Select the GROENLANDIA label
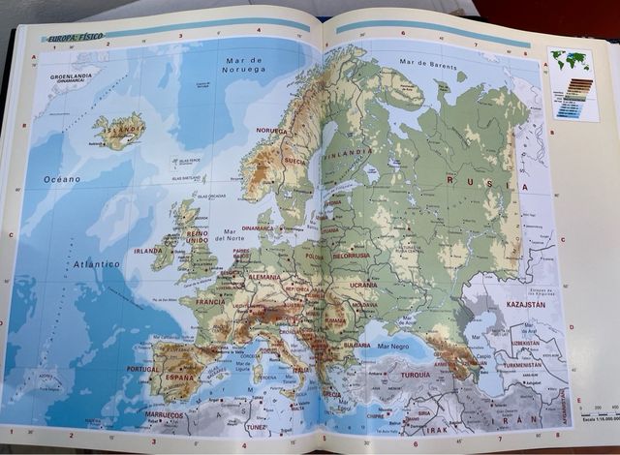point(70,77)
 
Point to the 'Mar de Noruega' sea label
point(243,65)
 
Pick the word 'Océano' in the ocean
point(61,179)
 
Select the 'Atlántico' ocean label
point(96,263)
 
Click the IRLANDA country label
point(148,251)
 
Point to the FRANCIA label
point(210,301)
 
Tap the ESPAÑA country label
point(180,377)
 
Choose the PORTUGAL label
point(142,369)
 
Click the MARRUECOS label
point(165,414)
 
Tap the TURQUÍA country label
point(415,375)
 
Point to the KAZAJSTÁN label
point(525,304)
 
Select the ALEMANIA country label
point(263,277)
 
